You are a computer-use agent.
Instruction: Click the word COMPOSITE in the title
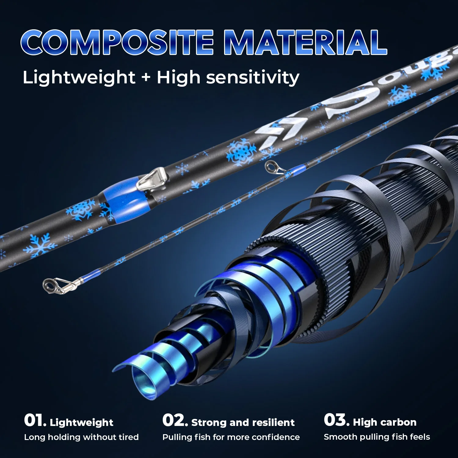(x=117, y=42)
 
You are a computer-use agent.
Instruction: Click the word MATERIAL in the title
(x=306, y=42)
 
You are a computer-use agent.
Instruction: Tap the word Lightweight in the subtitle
(x=79, y=78)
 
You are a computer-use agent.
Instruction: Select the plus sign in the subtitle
(x=146, y=77)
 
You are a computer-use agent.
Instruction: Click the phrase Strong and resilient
(x=243, y=422)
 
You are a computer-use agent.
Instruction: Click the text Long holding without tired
(x=82, y=437)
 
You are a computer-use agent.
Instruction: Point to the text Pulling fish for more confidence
(x=231, y=437)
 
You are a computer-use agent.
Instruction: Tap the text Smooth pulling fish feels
(x=377, y=437)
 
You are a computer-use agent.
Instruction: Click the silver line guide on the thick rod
(x=152, y=179)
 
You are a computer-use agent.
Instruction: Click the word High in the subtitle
(x=179, y=78)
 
